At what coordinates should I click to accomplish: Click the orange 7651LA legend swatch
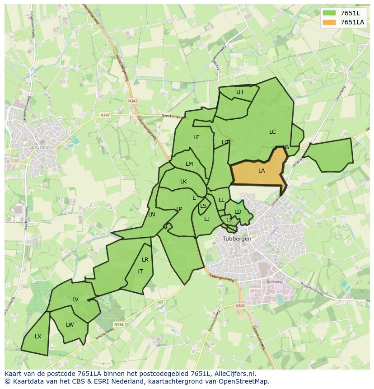pos(330,22)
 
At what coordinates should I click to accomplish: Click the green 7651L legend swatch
pos(330,13)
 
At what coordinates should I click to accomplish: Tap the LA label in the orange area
pos(262,171)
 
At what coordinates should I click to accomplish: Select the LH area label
pos(239,92)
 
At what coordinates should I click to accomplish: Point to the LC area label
pos(272,132)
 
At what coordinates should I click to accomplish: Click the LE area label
pos(196,137)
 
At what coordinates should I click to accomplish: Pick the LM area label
pos(189,164)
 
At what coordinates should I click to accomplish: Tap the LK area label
pos(183,182)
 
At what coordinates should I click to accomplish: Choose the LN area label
pos(152,215)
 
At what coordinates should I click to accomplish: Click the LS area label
pos(203,206)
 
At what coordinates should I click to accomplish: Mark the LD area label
pos(238,211)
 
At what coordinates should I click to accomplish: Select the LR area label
pos(145,260)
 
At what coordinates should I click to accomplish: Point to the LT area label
pos(140,272)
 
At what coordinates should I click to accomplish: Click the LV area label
pos(75,300)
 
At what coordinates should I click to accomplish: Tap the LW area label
pos(70,325)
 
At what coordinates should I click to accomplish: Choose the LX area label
pos(38,337)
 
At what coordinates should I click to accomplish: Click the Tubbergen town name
pos(237,239)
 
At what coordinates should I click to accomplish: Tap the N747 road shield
pos(105,116)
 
